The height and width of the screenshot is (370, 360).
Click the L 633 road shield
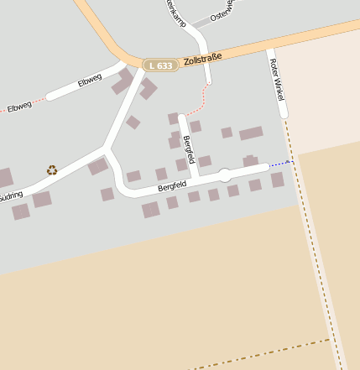pos(159,65)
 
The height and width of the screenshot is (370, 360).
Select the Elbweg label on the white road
pos(89,81)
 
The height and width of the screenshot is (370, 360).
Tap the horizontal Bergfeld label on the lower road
pos(170,185)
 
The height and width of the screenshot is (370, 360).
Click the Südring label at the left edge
pos(11,194)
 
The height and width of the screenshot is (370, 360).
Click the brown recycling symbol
pos(52,169)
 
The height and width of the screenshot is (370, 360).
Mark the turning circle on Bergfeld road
pos(224,175)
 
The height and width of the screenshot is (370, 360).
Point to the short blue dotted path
pos(280,163)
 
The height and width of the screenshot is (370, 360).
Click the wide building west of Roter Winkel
pos(251,133)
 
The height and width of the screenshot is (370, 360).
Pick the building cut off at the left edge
pos(5,178)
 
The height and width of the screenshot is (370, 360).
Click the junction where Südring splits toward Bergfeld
pos(106,149)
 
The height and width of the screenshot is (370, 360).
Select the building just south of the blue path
pos(277,180)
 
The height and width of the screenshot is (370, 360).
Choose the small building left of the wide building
pos(227,133)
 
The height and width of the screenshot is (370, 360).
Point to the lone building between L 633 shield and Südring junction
pos(133,122)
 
